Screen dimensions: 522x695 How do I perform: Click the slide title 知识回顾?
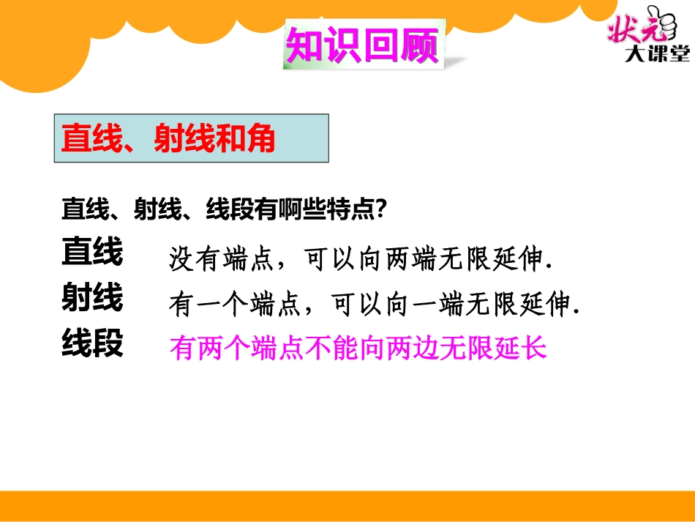tap(362, 46)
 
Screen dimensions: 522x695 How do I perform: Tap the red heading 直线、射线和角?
tap(168, 138)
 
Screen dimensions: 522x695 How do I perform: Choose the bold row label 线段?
tap(92, 343)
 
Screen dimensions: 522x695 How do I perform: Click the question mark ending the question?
tap(380, 211)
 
